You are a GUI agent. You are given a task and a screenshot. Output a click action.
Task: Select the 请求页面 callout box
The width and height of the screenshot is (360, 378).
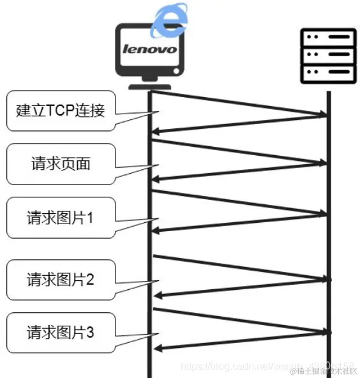(60, 163)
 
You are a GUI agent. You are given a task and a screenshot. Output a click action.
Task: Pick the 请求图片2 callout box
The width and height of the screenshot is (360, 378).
(60, 279)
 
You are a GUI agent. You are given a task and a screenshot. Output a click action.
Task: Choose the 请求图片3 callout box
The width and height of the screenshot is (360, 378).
(60, 332)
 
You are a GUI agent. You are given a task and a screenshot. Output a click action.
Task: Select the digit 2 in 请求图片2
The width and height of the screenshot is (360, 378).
(89, 279)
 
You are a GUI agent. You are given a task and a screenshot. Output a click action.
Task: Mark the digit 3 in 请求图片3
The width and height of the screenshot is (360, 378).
(89, 332)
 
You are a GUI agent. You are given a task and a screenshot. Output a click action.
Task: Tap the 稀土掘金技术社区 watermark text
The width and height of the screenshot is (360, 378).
(323, 370)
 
